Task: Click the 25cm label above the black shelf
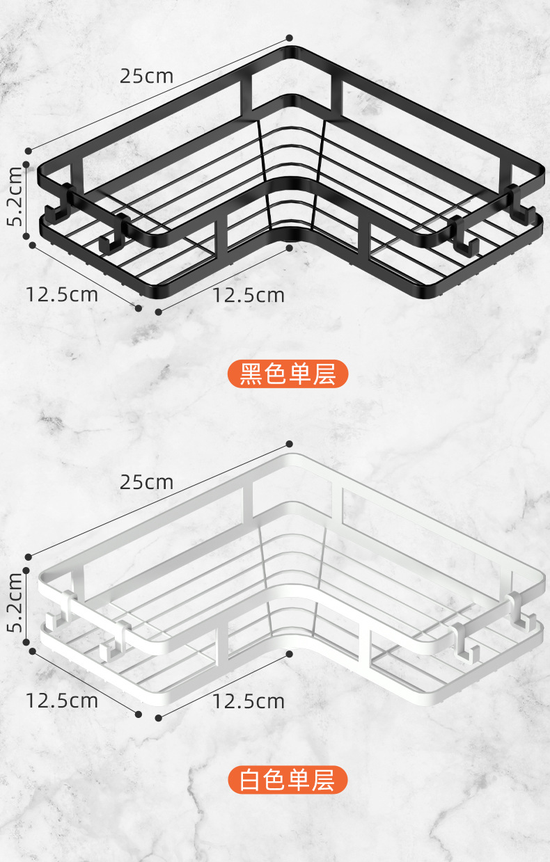(x=146, y=76)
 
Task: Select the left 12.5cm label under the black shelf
(x=62, y=294)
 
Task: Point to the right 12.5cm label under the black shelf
(x=249, y=295)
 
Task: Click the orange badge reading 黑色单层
(x=288, y=374)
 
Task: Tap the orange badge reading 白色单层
(x=288, y=780)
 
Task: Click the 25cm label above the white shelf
(x=146, y=481)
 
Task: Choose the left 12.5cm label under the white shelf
(x=62, y=700)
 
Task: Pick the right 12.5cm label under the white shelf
(x=249, y=701)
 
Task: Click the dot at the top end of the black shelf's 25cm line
(x=290, y=38)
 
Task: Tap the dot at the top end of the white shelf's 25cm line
(x=290, y=444)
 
